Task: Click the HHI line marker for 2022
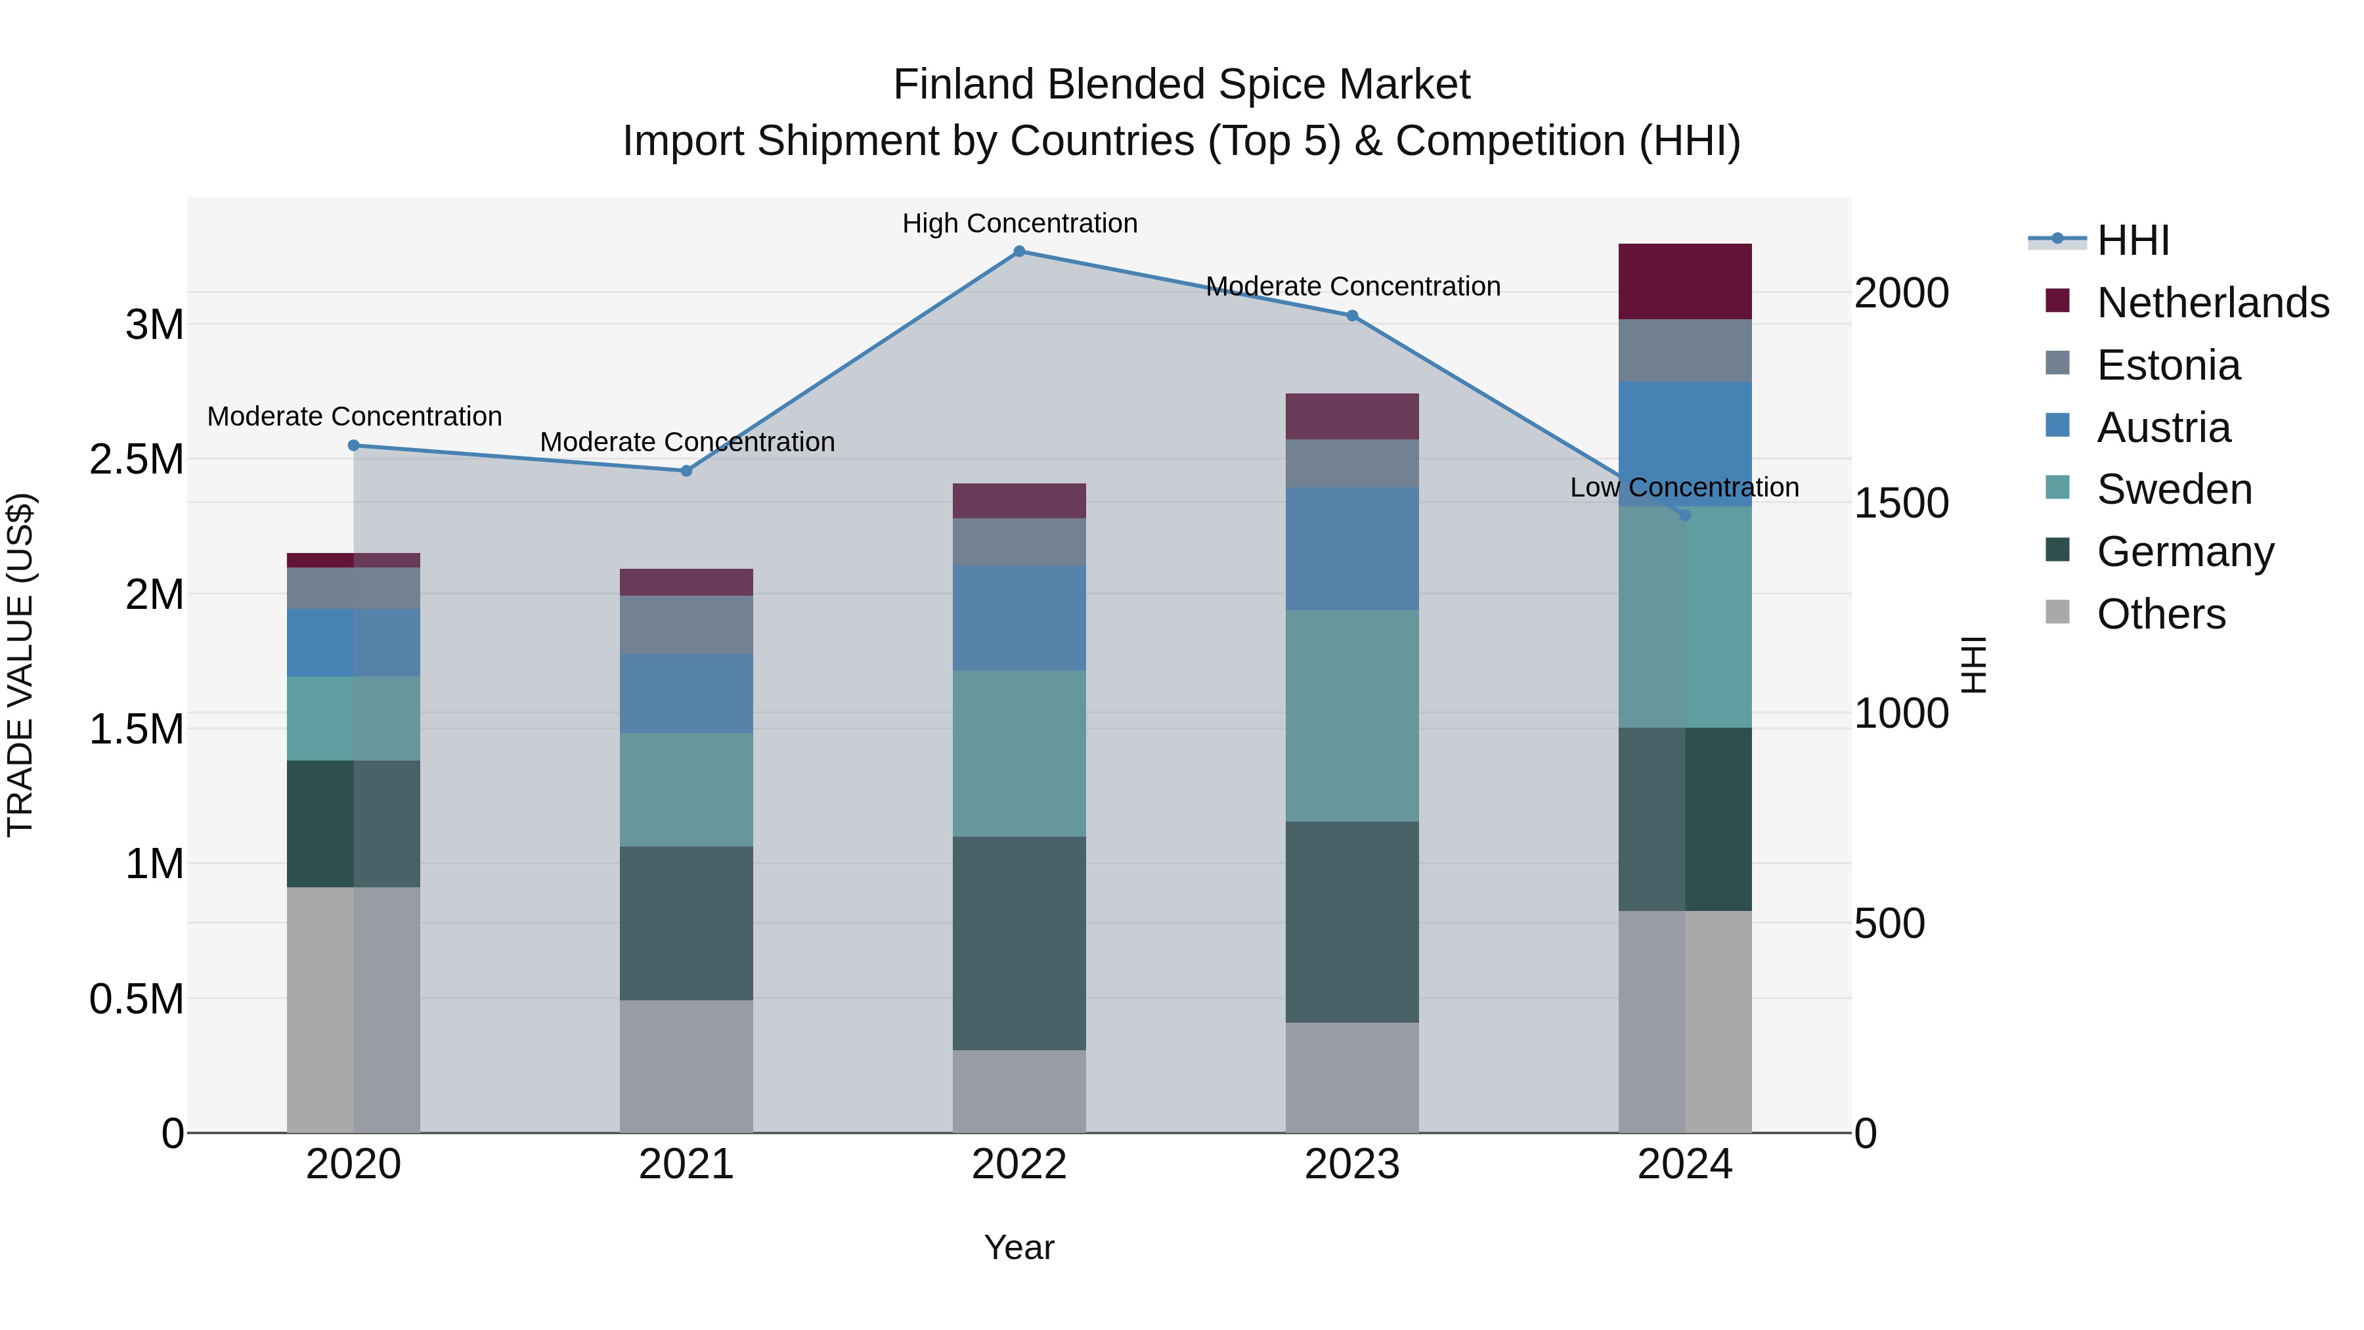(1018, 252)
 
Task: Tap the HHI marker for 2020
(353, 446)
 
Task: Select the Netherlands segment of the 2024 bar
(1685, 282)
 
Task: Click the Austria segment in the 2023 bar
(1352, 549)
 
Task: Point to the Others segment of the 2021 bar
(686, 1066)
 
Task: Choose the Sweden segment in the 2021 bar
(686, 789)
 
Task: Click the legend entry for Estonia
(2168, 365)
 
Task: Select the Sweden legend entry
(2173, 489)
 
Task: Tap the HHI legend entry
(2133, 240)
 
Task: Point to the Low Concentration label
(1684, 487)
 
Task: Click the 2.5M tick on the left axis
(137, 460)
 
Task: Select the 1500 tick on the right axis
(1900, 503)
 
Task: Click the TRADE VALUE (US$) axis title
(21, 665)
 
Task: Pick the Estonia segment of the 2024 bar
(1685, 351)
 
